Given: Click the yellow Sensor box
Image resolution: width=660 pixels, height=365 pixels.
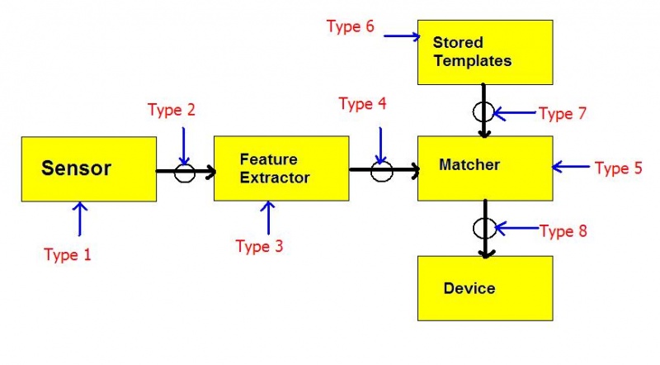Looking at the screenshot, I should tap(89, 168).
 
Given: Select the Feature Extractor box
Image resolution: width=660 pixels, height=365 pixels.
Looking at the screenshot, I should tap(280, 168).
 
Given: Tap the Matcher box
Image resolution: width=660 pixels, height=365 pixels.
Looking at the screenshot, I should tap(483, 168).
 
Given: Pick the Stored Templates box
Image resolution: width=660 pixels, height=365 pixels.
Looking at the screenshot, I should tap(483, 51).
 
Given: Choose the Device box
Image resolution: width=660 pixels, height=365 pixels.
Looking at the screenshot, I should tap(483, 288).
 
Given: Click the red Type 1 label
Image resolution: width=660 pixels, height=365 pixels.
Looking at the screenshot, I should tap(68, 255).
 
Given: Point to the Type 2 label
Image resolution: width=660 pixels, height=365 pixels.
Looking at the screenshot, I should tap(172, 110).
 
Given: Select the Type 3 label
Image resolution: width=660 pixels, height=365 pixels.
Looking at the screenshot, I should tap(259, 246).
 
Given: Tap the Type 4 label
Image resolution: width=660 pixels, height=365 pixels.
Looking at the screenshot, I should tap(362, 104).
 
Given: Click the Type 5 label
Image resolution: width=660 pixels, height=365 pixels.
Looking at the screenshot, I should tap(618, 168).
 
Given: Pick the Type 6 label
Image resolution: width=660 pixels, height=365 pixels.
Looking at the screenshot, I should tap(350, 26).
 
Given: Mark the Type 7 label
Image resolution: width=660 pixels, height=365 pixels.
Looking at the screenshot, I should tap(562, 113).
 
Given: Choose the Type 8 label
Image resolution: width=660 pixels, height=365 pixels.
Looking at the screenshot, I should tap(563, 231).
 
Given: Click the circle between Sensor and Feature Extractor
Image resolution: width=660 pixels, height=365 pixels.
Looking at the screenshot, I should tap(184, 172).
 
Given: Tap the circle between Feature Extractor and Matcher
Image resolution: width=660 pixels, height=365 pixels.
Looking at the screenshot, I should tap(380, 172).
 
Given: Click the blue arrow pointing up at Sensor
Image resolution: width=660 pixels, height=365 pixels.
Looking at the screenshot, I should tap(80, 219).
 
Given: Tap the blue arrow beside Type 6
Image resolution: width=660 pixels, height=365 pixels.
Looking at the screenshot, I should tap(403, 36).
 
